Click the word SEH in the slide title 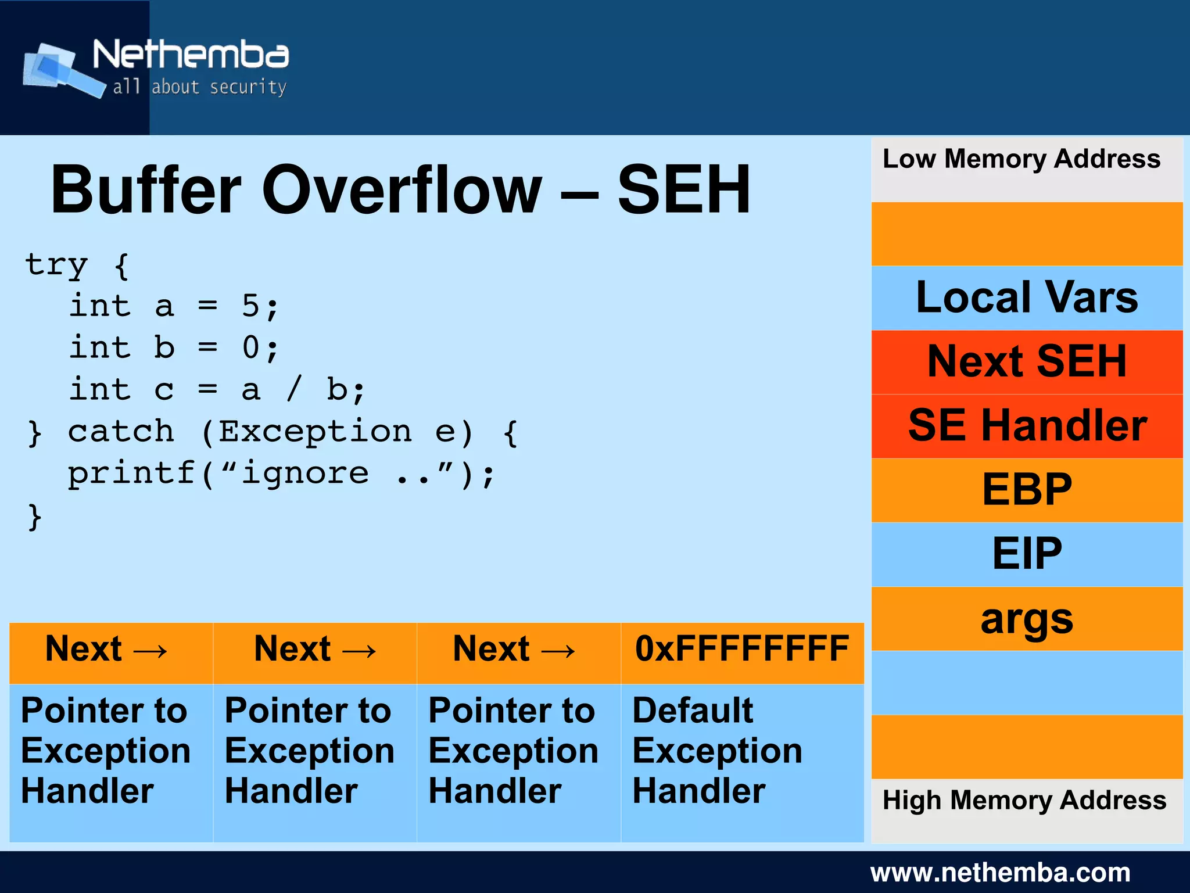coord(683,190)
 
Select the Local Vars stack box coord(1026,297)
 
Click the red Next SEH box coord(1026,362)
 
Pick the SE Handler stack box coord(1026,426)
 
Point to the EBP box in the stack coord(1026,490)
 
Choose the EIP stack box coord(1026,554)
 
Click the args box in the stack coord(1026,618)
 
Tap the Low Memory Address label coord(1021,159)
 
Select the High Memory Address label coord(1024,801)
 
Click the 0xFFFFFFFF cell coord(741,650)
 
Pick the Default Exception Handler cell coord(741,751)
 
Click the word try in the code coord(56,266)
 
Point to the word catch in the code coord(121,432)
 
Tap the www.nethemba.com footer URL coord(1000,873)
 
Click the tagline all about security coord(199,87)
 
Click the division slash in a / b coord(295,389)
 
